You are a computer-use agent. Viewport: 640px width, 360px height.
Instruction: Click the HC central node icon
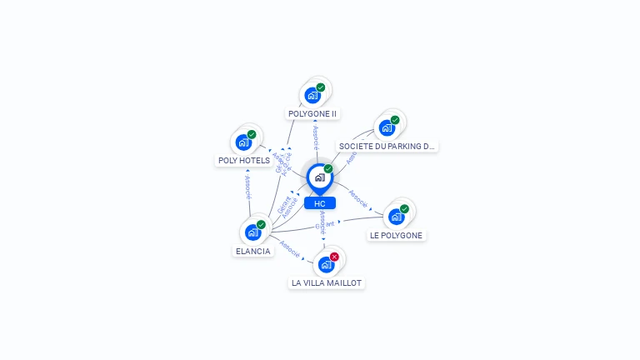click(x=319, y=177)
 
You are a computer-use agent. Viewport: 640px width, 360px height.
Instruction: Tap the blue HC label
click(x=320, y=203)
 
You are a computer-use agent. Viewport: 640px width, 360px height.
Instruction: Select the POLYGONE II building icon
click(x=312, y=95)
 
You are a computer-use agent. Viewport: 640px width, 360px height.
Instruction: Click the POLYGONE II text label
click(x=312, y=113)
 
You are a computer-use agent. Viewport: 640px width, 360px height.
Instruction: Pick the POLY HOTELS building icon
click(x=243, y=142)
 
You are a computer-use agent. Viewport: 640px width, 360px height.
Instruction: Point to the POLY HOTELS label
click(x=244, y=160)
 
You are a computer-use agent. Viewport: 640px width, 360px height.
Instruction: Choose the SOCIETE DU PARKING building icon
click(x=387, y=127)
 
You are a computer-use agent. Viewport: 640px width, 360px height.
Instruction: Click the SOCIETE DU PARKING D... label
click(x=387, y=146)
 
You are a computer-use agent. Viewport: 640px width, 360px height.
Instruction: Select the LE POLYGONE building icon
click(x=396, y=217)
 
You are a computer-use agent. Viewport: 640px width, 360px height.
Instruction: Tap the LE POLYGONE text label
click(x=397, y=235)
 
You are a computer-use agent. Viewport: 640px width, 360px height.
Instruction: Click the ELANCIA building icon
click(x=252, y=232)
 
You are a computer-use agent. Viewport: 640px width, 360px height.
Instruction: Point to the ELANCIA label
click(x=252, y=251)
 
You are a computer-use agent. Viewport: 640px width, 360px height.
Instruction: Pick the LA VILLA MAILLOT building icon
click(x=326, y=264)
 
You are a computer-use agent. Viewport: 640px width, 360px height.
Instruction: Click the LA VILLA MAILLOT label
click(x=327, y=282)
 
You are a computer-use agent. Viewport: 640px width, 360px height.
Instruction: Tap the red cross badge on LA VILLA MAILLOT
click(x=334, y=257)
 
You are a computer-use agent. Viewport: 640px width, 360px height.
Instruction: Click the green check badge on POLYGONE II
click(x=321, y=87)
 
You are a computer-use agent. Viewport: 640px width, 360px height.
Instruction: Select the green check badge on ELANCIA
click(x=261, y=225)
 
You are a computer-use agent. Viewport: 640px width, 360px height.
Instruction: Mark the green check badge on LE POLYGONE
click(x=404, y=209)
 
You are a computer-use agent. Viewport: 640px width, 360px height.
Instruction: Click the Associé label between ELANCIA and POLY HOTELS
click(x=247, y=186)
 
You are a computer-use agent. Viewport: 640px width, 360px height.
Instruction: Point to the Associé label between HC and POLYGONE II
click(x=316, y=137)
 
